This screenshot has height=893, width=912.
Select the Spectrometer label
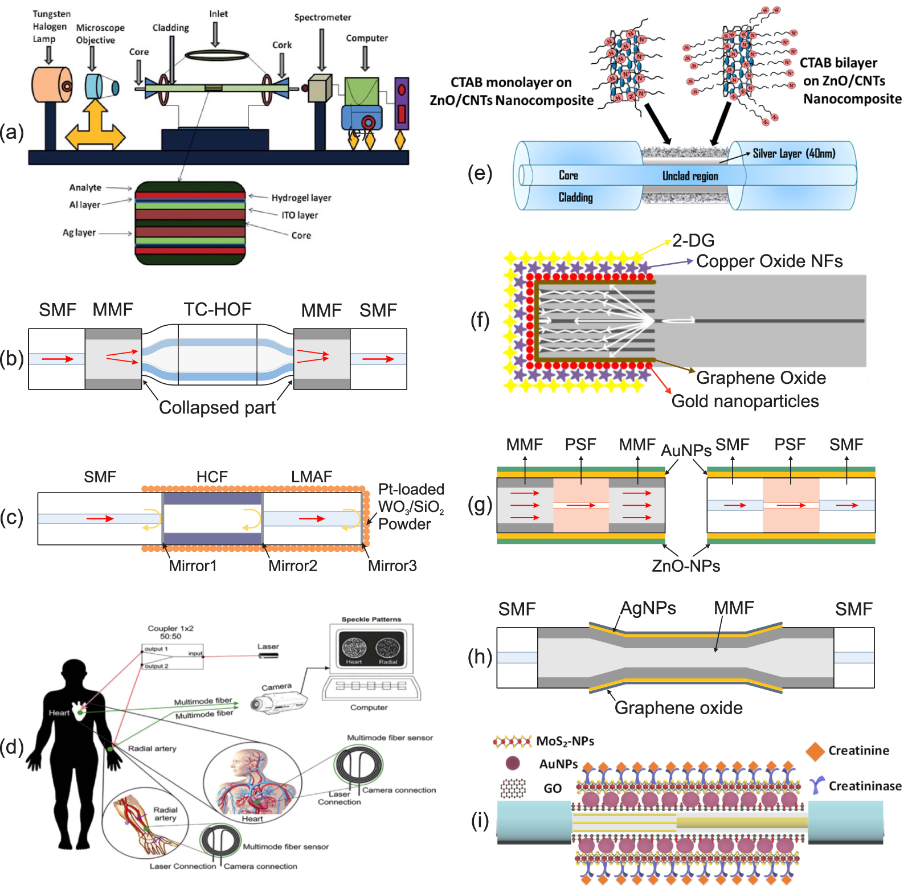pyautogui.click(x=322, y=17)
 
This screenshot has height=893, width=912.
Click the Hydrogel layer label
pyautogui.click(x=301, y=198)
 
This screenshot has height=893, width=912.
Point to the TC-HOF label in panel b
pyautogui.click(x=217, y=309)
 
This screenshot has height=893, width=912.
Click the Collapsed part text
pyautogui.click(x=217, y=407)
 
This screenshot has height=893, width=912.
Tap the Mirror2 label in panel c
pyautogui.click(x=292, y=566)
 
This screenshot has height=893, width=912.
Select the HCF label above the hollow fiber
pyautogui.click(x=212, y=477)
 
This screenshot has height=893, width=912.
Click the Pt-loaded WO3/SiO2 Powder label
pyautogui.click(x=410, y=506)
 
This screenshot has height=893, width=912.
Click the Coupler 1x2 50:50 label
pyautogui.click(x=170, y=632)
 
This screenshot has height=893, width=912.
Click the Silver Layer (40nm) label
pyautogui.click(x=794, y=153)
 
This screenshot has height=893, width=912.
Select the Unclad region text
pyautogui.click(x=690, y=176)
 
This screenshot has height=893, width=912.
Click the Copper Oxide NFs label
pyautogui.click(x=769, y=261)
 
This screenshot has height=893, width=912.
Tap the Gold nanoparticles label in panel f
pyautogui.click(x=745, y=401)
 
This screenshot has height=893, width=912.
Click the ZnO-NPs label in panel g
pyautogui.click(x=686, y=566)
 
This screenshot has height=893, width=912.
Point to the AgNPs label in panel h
pyautogui.click(x=648, y=608)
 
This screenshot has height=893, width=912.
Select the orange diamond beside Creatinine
pyautogui.click(x=815, y=751)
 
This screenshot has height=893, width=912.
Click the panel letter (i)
pyautogui.click(x=480, y=821)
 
